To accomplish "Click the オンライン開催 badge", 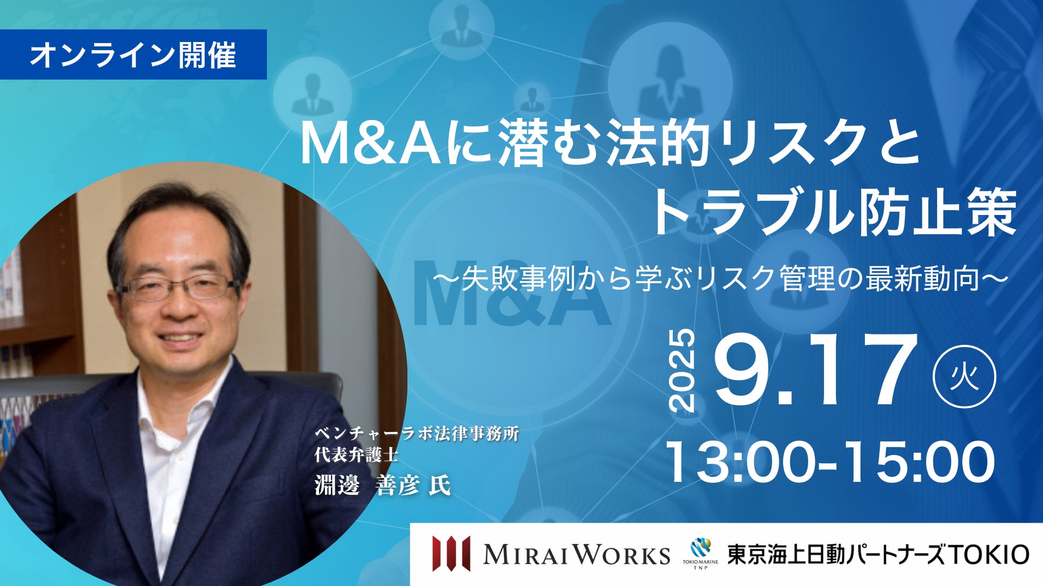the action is [133, 55].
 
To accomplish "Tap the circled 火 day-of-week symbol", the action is [964, 376].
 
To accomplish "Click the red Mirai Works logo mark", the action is [451, 553].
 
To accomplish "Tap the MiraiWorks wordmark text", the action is [577, 554].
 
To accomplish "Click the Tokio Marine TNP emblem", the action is [701, 553].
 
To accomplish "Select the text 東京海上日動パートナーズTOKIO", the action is [878, 554].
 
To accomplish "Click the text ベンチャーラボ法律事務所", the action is [416, 434].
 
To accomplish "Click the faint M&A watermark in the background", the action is [512, 292].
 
